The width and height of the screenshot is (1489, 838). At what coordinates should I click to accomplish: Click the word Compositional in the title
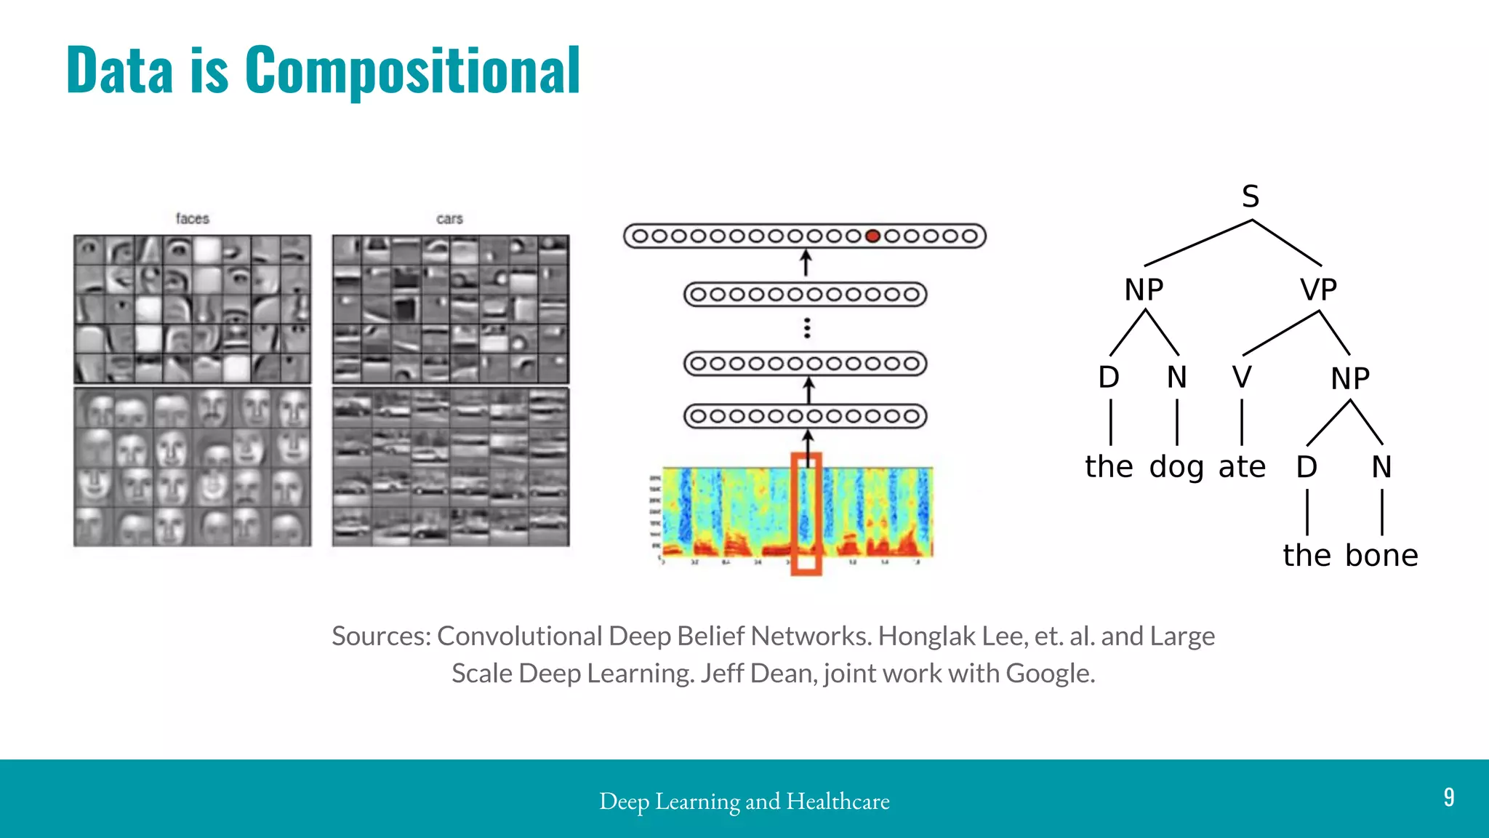[412, 71]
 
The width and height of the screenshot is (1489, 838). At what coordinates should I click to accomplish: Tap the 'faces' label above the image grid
[192, 218]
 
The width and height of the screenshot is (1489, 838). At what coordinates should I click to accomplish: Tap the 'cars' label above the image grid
[449, 218]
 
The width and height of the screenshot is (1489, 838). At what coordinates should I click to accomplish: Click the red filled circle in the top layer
[873, 236]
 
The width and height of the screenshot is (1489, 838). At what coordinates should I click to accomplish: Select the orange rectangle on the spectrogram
[806, 514]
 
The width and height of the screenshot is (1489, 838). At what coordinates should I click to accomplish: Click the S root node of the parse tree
[1251, 196]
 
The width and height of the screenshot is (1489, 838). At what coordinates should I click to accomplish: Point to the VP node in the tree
[1319, 290]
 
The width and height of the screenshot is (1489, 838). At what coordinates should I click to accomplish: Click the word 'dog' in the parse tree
[1176, 467]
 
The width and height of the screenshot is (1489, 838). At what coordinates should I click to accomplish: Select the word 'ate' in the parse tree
[1242, 466]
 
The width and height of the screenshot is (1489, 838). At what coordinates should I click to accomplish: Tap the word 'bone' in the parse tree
[1381, 555]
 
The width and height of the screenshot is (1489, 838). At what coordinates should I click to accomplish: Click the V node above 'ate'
[1242, 377]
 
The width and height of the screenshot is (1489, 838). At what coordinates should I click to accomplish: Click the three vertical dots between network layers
[807, 328]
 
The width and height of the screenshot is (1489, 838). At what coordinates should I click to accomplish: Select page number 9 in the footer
[1448, 797]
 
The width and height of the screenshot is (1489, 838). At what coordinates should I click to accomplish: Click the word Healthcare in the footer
[838, 801]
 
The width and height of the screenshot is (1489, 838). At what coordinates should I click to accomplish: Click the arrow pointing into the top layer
[806, 263]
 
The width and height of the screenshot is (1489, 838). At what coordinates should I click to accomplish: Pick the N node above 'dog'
[1176, 377]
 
